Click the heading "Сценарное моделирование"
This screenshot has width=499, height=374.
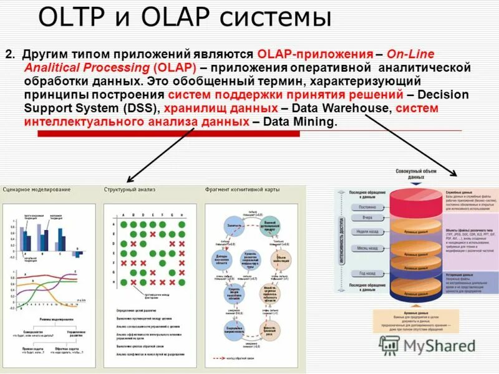[37, 189]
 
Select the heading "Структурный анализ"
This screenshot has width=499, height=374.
[129, 189]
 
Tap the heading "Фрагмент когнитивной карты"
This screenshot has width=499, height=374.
[243, 189]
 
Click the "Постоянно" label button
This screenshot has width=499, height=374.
[367, 206]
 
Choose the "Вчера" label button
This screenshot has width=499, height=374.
[367, 218]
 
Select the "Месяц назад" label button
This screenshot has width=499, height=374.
[366, 248]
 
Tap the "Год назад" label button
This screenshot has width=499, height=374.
[367, 273]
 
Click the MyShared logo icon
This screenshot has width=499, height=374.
[390, 345]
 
